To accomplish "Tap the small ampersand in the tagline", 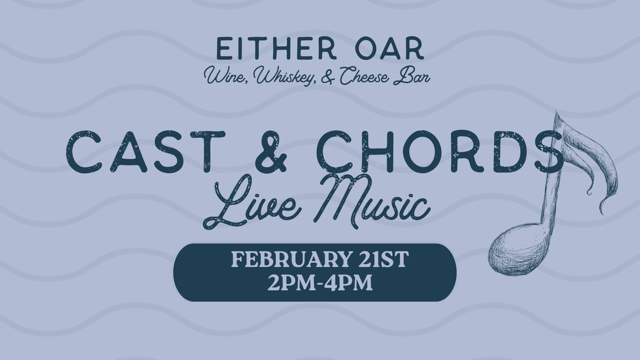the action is (327, 77).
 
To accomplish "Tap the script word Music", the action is (370, 200).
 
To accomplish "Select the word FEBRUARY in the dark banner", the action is (287, 260).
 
